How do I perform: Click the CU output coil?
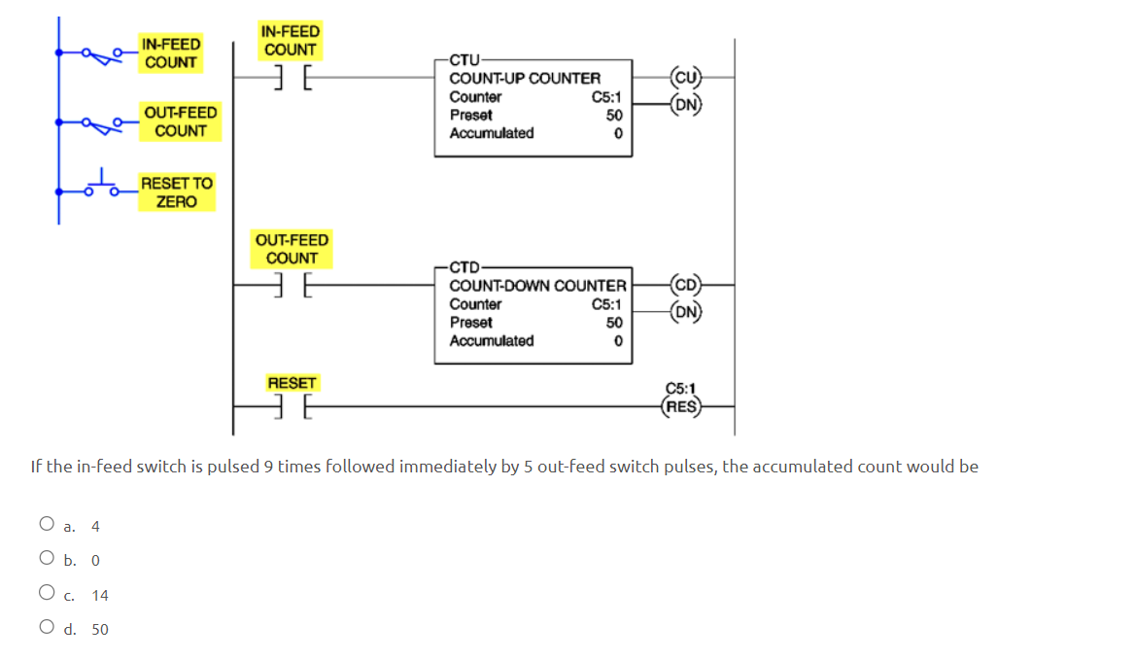click(x=685, y=77)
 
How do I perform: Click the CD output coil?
click(x=685, y=285)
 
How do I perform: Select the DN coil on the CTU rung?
click(x=685, y=105)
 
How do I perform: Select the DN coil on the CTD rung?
click(x=685, y=312)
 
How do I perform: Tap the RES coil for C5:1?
click(x=680, y=407)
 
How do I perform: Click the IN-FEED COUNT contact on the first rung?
click(x=290, y=76)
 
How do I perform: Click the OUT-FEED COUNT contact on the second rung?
click(x=291, y=284)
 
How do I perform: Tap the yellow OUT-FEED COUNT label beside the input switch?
click(x=181, y=122)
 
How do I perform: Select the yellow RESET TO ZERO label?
click(x=176, y=192)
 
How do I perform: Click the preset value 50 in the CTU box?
click(x=613, y=115)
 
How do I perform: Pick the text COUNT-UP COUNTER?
click(x=525, y=78)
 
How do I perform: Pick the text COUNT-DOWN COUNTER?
click(x=537, y=286)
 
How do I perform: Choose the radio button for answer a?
click(x=47, y=525)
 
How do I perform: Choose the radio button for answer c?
click(x=47, y=594)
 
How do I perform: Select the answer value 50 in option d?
click(x=100, y=630)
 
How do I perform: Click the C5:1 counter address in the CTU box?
click(x=607, y=97)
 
